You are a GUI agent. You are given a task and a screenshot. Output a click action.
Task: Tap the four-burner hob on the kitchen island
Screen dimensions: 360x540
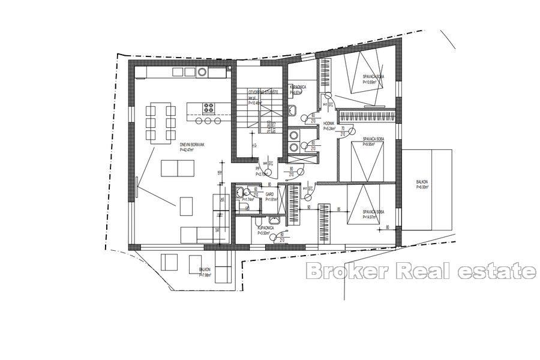(208, 109)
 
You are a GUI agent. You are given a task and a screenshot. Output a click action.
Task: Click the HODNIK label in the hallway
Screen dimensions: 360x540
(329, 124)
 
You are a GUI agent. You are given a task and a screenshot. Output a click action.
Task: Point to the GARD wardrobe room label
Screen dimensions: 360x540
(270, 194)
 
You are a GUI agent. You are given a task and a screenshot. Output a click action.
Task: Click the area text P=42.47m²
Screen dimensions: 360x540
(191, 150)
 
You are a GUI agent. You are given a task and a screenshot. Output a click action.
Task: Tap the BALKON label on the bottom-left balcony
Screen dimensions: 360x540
(204, 271)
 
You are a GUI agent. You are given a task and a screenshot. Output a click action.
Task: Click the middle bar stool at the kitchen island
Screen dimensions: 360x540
(208, 121)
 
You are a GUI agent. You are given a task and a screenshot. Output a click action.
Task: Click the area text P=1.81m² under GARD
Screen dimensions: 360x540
(271, 200)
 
